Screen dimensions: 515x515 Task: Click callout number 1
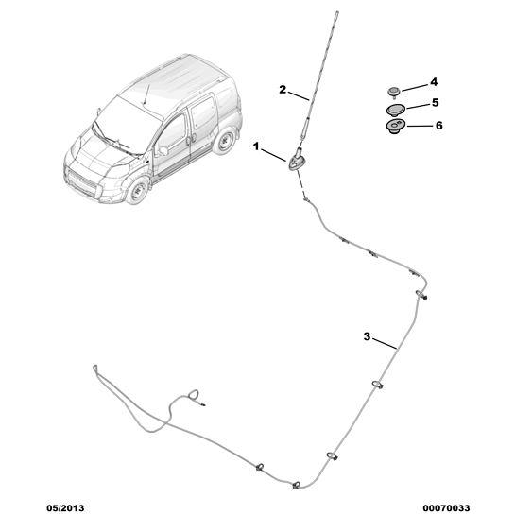(x=256, y=146)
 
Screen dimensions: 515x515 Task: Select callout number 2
(x=283, y=90)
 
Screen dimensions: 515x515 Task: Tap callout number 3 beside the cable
(x=367, y=336)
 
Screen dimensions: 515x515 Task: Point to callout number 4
(x=434, y=82)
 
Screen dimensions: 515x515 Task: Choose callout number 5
(x=436, y=103)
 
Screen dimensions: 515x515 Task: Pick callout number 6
(x=439, y=126)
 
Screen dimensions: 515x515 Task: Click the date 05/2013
(x=65, y=508)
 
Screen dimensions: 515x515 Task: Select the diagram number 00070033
(x=446, y=508)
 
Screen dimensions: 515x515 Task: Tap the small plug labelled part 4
(x=393, y=91)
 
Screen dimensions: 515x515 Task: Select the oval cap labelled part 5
(x=395, y=110)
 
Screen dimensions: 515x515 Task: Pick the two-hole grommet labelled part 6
(x=395, y=127)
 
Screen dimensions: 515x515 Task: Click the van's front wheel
(x=138, y=191)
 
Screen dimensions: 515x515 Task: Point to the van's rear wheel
(x=225, y=141)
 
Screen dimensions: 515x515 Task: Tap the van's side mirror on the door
(x=163, y=151)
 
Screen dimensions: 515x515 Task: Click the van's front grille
(x=82, y=181)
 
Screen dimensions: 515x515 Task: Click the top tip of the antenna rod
(x=336, y=12)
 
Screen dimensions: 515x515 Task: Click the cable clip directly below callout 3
(x=378, y=385)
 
